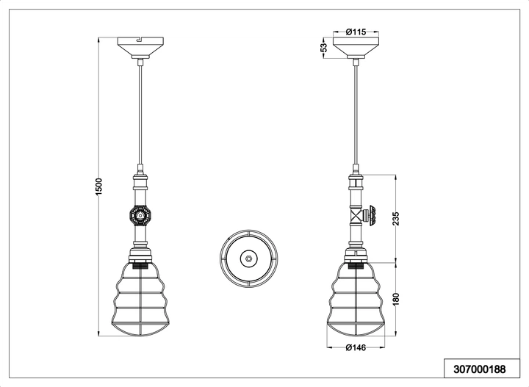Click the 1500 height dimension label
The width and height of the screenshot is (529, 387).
click(x=98, y=187)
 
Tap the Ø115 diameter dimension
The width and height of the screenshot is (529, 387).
click(x=356, y=32)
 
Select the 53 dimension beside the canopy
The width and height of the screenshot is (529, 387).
click(x=323, y=47)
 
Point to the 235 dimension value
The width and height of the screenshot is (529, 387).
click(x=397, y=218)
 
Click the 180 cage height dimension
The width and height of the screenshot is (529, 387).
click(x=397, y=299)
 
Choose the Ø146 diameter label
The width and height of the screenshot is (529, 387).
click(x=356, y=347)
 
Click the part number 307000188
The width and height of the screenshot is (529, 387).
click(x=480, y=369)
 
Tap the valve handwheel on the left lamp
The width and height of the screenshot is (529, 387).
click(x=140, y=215)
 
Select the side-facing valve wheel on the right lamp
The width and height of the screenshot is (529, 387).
click(x=373, y=215)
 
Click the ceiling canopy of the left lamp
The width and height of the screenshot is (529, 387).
click(x=140, y=48)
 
